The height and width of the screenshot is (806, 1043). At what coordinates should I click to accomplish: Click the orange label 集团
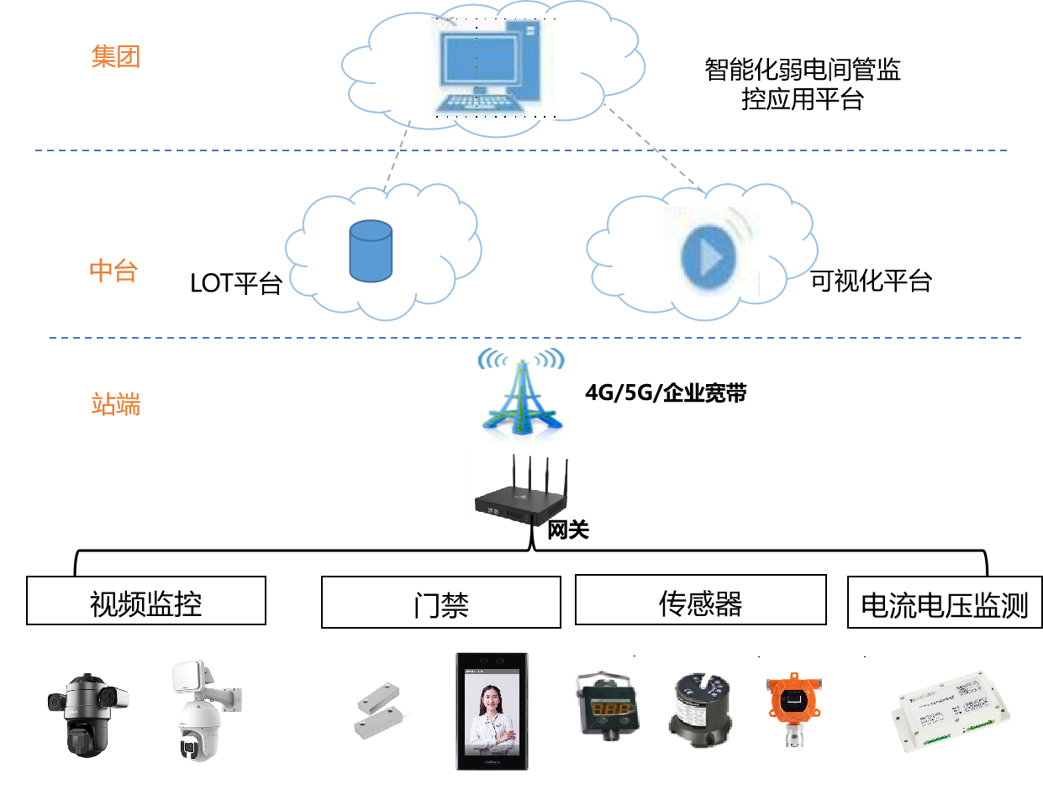point(115,57)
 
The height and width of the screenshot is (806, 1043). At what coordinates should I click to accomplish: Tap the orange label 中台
point(113,271)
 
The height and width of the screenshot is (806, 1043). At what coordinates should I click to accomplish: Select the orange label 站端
point(115,404)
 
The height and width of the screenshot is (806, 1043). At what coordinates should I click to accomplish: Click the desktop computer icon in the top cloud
point(493,68)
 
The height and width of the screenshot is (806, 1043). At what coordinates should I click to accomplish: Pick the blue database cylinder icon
point(371,251)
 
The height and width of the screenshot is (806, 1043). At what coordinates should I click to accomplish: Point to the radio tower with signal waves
point(521,397)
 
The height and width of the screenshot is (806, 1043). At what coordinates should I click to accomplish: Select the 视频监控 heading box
point(146,601)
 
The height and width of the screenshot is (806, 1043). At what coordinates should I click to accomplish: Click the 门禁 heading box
point(440,603)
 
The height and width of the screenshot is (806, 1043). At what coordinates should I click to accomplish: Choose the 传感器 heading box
point(700,600)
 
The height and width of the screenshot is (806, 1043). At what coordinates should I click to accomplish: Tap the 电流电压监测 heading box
point(945,603)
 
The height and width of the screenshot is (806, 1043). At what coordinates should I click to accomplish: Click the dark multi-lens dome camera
point(87,714)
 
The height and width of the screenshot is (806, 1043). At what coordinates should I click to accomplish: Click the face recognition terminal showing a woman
point(492,711)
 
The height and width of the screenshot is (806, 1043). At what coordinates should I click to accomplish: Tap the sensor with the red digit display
point(607,705)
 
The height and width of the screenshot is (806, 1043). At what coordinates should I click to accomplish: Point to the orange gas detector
point(793,706)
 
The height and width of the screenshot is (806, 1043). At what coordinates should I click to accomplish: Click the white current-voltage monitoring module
point(948,714)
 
